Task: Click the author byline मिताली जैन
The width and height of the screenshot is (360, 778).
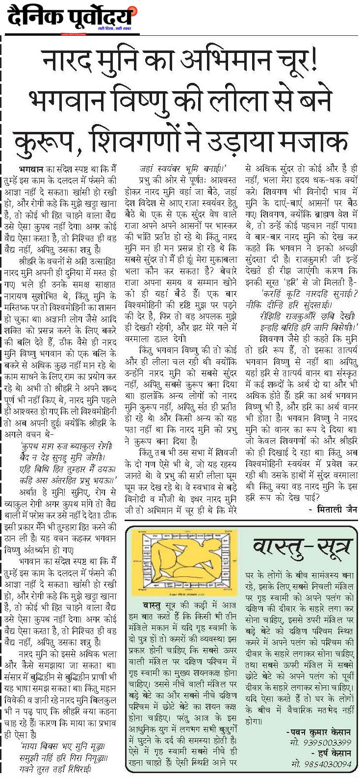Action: [334, 510]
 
